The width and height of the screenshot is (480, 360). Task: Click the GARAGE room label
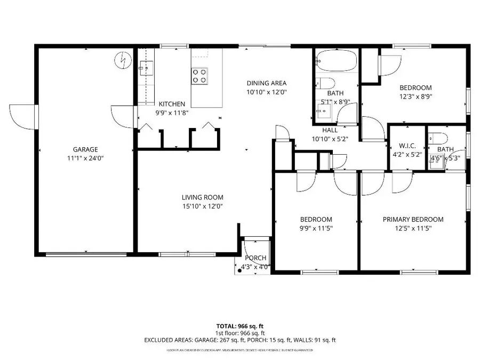click(x=85, y=149)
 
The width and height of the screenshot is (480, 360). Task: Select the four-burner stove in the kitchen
click(x=199, y=76)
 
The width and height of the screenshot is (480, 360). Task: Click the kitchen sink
click(x=146, y=68)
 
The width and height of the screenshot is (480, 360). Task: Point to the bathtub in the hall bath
click(x=335, y=62)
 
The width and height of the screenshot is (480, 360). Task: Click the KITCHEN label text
click(x=172, y=104)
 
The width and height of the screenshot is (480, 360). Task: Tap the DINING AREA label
click(x=267, y=83)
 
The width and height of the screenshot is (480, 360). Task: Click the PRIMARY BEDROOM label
click(x=413, y=219)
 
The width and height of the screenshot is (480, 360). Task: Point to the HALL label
click(x=330, y=130)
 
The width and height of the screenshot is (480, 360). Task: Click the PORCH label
click(x=255, y=258)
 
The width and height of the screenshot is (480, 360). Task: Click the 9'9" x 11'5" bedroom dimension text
click(x=316, y=228)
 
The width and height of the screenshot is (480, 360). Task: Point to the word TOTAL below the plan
click(x=225, y=325)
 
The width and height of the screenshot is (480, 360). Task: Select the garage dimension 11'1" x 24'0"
click(x=85, y=158)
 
